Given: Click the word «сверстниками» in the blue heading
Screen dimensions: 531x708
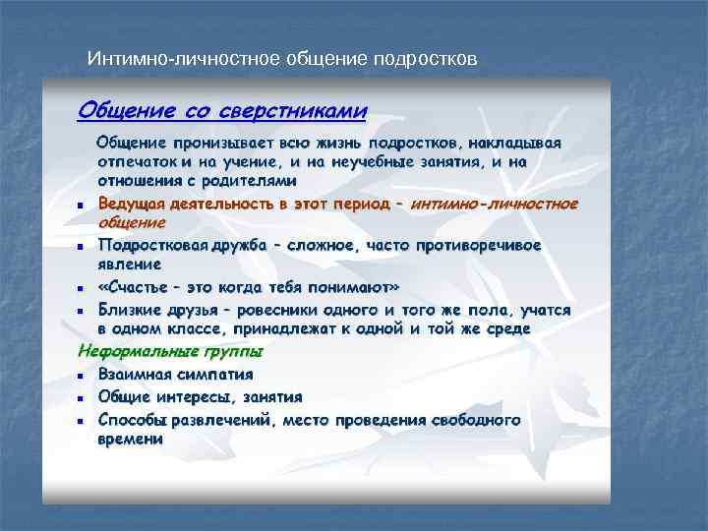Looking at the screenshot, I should [x=294, y=107].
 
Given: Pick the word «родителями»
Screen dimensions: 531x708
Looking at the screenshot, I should [x=251, y=181].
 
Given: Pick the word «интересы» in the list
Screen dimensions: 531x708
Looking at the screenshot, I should [x=189, y=396].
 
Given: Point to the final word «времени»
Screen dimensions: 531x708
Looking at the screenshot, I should [x=129, y=439].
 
